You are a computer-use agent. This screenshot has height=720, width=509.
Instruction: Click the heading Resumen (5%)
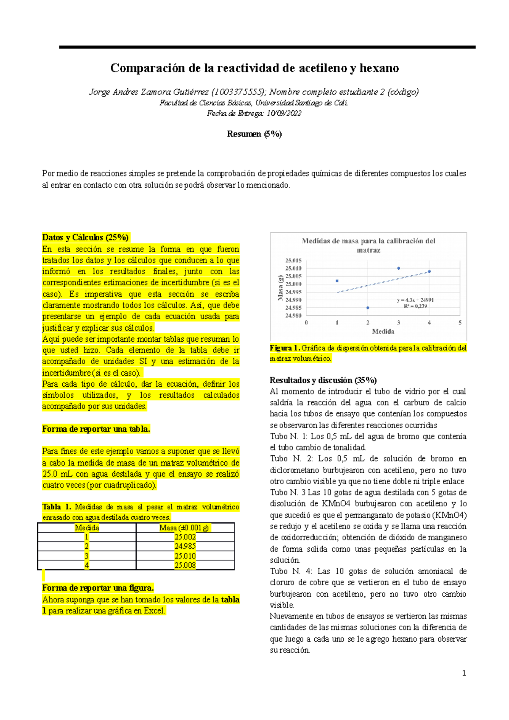point(254,134)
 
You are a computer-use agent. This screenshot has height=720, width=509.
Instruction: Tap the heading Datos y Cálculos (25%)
point(85,237)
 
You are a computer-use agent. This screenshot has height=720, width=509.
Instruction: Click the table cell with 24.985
point(185,546)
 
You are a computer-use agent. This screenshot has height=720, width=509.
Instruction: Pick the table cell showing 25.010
point(185,556)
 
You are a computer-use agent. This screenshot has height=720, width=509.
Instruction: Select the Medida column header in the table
point(87,527)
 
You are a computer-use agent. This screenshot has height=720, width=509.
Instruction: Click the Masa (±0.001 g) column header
point(185,527)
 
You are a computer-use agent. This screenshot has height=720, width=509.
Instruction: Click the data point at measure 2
point(368,308)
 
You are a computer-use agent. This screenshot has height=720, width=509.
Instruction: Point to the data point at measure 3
point(399,268)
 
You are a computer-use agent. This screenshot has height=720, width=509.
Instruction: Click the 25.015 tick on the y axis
point(294,260)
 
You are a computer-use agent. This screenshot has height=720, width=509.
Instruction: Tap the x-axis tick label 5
point(460,323)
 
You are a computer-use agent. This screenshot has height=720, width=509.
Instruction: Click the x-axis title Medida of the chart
point(383,332)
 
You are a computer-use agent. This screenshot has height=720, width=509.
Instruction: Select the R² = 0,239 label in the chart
point(415,306)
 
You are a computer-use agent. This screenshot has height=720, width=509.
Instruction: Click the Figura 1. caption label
point(285,348)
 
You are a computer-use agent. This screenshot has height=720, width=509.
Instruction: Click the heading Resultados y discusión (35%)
point(323,380)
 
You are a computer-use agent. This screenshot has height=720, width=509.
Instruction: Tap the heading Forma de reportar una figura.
point(98,588)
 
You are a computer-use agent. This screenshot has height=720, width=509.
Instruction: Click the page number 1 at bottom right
point(464,673)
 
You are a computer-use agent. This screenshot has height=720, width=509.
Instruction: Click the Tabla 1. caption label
point(57,507)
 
